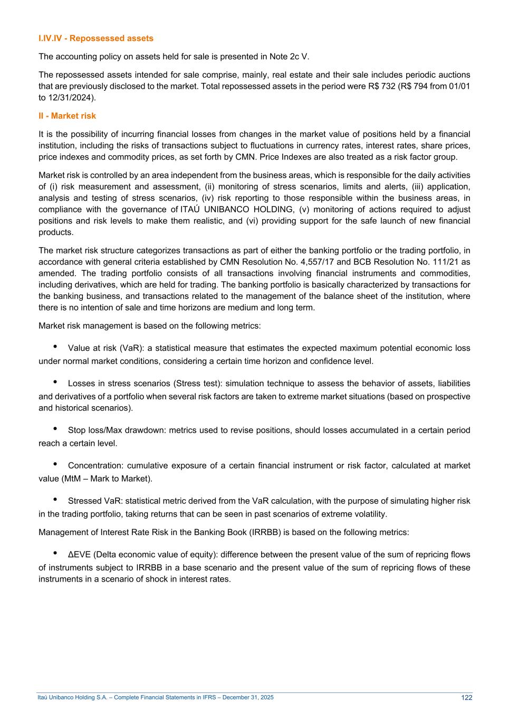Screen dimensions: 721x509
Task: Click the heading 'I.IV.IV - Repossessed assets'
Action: tap(96, 38)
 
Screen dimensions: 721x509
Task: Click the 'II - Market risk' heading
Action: tap(67, 116)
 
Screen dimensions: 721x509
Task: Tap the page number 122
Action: tap(466, 697)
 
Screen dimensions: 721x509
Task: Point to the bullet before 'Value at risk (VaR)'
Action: tap(55, 347)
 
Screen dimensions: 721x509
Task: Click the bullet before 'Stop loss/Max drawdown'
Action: tap(55, 429)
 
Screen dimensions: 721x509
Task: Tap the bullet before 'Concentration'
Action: tap(55, 464)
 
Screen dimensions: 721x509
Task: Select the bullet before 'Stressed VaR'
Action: tap(55, 500)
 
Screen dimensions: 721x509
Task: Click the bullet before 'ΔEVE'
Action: tap(55, 553)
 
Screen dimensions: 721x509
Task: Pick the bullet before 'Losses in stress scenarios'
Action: tap(55, 382)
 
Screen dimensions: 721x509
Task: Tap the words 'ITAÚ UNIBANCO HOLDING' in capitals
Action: tap(237, 210)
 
